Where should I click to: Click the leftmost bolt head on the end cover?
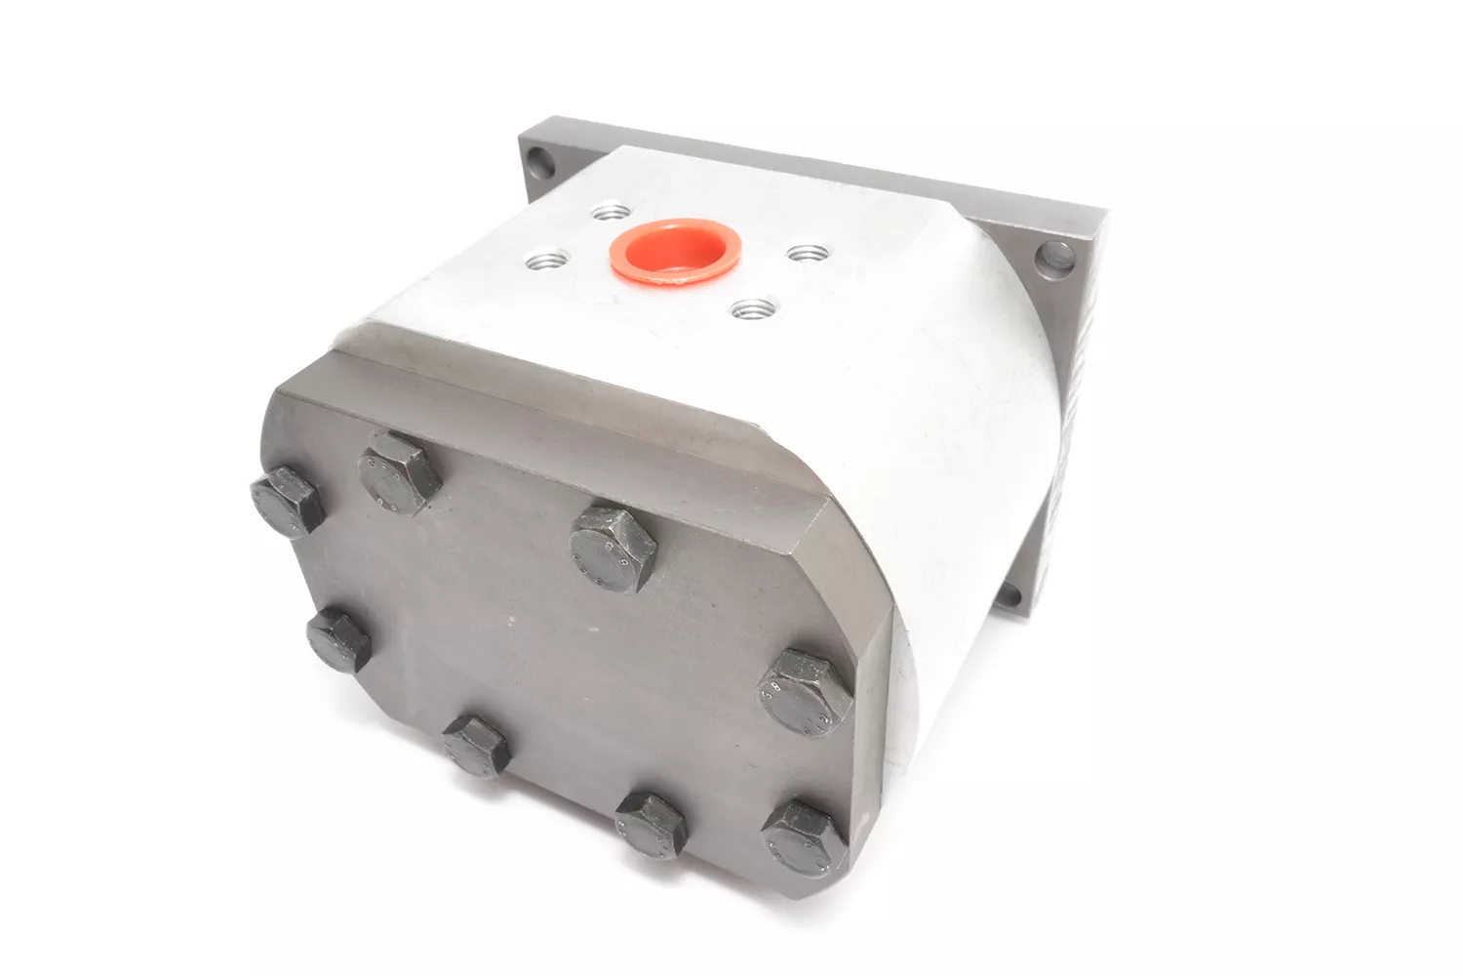pyautogui.click(x=285, y=499)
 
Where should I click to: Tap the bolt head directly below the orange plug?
pyautogui.click(x=613, y=545)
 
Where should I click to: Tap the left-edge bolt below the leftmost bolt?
pyautogui.click(x=337, y=639)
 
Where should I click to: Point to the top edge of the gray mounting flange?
pyautogui.click(x=810, y=166)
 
